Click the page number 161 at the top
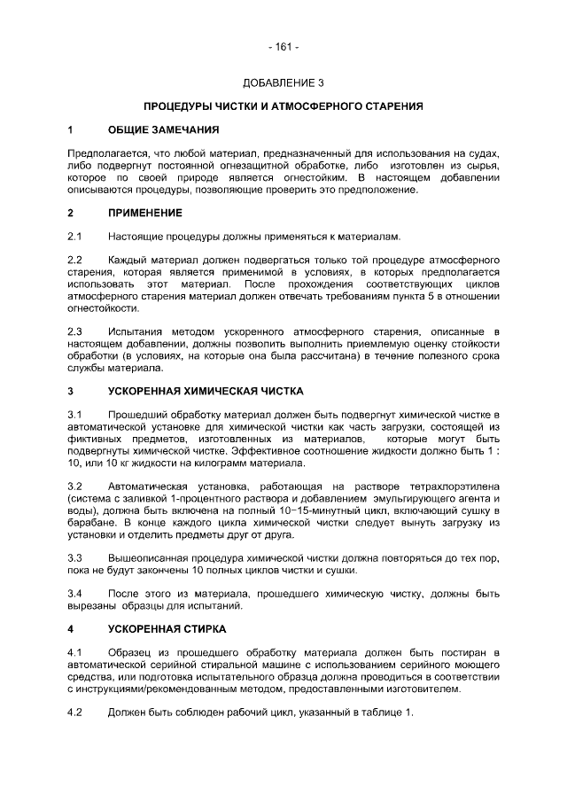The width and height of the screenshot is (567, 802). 283,45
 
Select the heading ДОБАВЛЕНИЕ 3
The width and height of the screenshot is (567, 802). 283,83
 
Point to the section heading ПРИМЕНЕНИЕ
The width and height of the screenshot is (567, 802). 144,214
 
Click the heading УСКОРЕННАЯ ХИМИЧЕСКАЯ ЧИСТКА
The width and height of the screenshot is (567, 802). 205,390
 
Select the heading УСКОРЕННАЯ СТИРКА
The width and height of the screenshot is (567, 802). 167,628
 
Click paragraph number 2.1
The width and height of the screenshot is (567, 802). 75,237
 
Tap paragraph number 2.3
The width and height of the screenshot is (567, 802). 75,332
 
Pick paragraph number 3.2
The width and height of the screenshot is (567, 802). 75,487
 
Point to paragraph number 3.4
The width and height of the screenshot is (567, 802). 75,593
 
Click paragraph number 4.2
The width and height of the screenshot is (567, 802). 75,713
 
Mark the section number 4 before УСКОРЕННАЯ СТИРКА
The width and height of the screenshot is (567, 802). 71,628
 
